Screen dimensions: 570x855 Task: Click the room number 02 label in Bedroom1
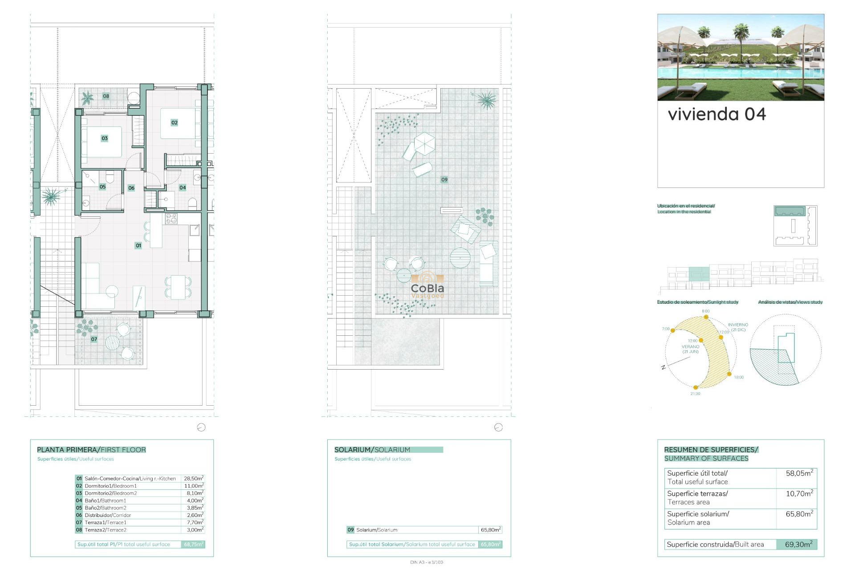click(174, 122)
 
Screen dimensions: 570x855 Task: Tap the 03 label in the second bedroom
click(105, 138)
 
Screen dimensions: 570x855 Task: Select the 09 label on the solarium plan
click(444, 179)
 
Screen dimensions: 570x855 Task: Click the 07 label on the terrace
click(94, 339)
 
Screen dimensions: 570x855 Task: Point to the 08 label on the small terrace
click(106, 96)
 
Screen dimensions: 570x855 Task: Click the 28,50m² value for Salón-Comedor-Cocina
click(194, 478)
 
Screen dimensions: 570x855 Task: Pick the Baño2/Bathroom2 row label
click(106, 508)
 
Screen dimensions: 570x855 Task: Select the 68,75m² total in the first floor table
click(194, 544)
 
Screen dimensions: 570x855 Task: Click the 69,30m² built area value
click(798, 544)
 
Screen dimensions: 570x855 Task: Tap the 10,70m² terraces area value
click(799, 493)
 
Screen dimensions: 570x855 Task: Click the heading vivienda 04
click(717, 114)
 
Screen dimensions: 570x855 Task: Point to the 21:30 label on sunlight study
click(695, 394)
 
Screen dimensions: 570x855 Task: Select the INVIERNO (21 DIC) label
click(738, 327)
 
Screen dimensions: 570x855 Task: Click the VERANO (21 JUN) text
click(690, 349)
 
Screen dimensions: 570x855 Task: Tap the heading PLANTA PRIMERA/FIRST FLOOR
click(91, 450)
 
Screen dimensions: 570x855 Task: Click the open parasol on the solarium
click(424, 143)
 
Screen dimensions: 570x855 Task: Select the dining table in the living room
click(178, 287)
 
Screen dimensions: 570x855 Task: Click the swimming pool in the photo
click(739, 73)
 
